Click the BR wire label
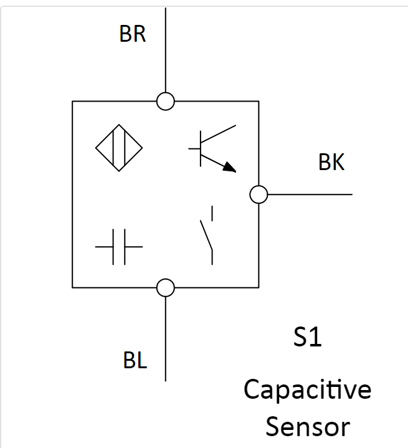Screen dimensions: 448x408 click(132, 34)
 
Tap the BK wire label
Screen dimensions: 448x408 click(331, 163)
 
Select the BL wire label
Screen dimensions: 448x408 click(135, 360)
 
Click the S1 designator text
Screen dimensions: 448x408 click(307, 338)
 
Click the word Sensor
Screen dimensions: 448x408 click(307, 427)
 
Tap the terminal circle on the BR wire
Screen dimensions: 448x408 click(165, 101)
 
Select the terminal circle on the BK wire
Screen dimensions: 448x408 click(259, 194)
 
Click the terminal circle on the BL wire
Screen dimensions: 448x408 click(165, 287)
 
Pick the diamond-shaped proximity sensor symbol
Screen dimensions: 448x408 click(119, 148)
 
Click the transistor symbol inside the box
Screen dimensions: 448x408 click(212, 148)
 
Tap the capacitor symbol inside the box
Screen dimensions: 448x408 click(119, 247)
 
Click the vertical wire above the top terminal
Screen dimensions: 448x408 click(165, 50)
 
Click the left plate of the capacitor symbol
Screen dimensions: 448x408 click(114, 247)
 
